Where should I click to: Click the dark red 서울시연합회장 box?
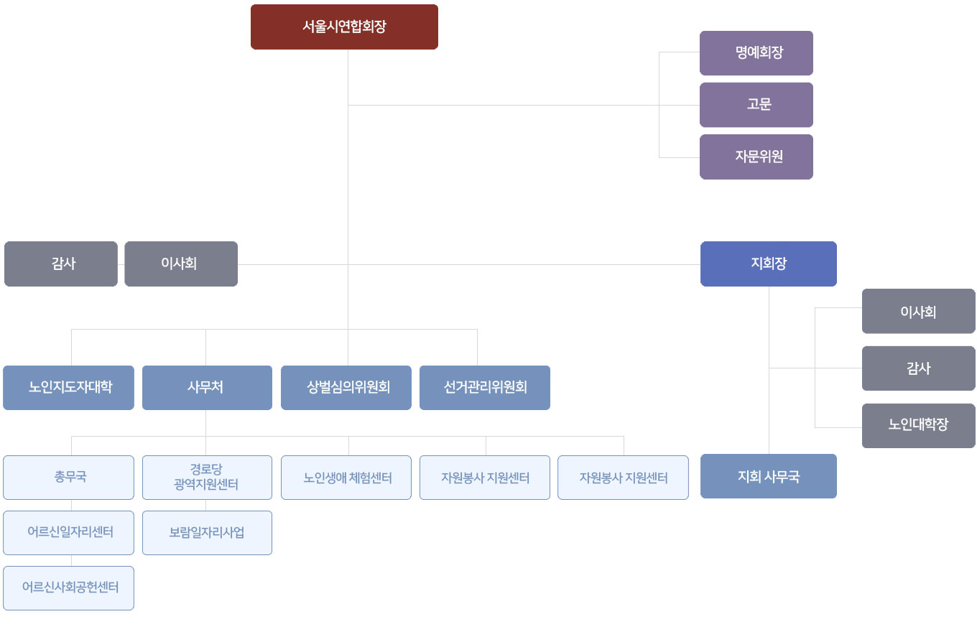pyautogui.click(x=344, y=27)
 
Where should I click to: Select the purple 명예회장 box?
pyautogui.click(x=756, y=53)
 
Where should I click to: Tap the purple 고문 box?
pyautogui.click(x=756, y=105)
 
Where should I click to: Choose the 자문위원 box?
pyautogui.click(x=756, y=157)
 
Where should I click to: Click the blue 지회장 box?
pyautogui.click(x=768, y=264)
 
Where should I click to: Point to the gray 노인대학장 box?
pyautogui.click(x=918, y=425)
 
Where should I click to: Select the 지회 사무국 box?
pyautogui.click(x=768, y=476)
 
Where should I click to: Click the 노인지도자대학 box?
pyautogui.click(x=68, y=388)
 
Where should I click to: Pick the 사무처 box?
pyautogui.click(x=207, y=388)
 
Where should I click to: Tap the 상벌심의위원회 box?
pyautogui.click(x=346, y=388)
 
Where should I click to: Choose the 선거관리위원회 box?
pyautogui.click(x=484, y=388)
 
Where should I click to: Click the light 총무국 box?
pyautogui.click(x=68, y=477)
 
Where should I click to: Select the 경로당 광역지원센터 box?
pyautogui.click(x=207, y=477)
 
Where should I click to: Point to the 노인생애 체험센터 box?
pyautogui.click(x=346, y=477)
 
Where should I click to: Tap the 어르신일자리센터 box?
pyautogui.click(x=68, y=533)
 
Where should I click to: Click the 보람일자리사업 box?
pyautogui.click(x=207, y=533)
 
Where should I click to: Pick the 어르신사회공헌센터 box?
pyautogui.click(x=68, y=588)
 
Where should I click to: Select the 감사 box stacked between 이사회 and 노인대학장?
pyautogui.click(x=918, y=368)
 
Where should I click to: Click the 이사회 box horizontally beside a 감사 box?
pyautogui.click(x=180, y=264)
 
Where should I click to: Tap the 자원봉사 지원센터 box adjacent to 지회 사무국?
pyautogui.click(x=623, y=477)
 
